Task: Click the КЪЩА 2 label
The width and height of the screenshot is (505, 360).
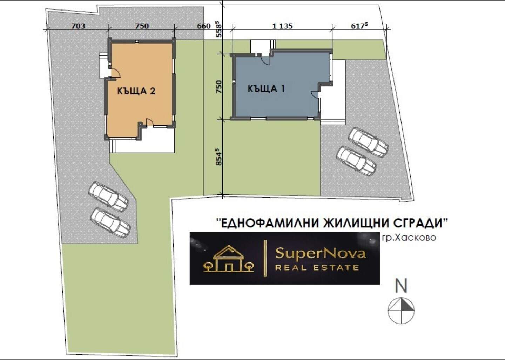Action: [136, 91]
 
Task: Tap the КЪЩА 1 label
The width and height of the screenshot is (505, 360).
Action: [266, 89]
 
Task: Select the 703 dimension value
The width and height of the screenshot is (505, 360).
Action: [78, 26]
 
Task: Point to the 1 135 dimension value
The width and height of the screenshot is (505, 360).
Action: [283, 26]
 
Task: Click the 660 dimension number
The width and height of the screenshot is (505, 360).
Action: [204, 26]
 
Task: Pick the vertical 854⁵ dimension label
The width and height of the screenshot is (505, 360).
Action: [219, 157]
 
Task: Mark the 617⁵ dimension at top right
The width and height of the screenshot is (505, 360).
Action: [359, 26]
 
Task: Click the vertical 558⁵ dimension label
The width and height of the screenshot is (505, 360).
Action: [219, 29]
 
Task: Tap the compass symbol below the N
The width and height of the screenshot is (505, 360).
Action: [401, 311]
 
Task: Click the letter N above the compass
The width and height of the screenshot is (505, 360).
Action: [401, 286]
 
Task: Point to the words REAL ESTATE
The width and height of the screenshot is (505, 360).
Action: [317, 268]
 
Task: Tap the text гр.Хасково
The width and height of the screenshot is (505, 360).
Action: [409, 237]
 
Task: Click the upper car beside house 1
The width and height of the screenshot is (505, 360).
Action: [368, 142]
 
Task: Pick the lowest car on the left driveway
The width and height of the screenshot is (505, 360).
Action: [110, 222]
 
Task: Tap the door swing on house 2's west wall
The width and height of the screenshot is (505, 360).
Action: [116, 73]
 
